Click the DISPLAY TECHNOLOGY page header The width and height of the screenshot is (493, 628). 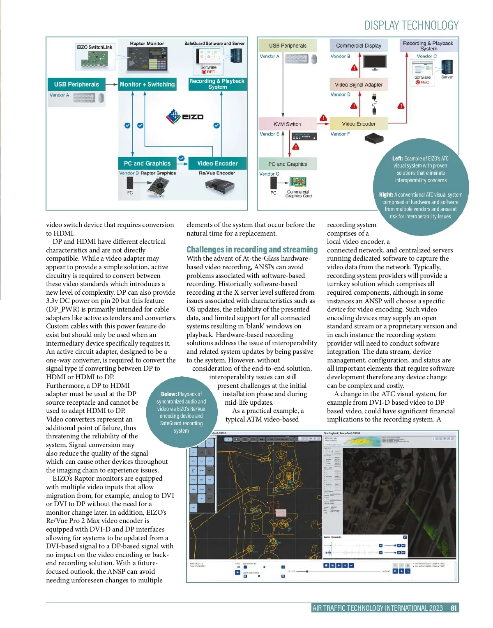(411, 25)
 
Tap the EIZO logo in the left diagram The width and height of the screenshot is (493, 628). (185, 116)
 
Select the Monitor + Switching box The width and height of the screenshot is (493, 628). (147, 84)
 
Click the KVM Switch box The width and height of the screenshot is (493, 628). (287, 124)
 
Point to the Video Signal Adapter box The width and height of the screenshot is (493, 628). (359, 85)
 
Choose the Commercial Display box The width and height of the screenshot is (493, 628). (359, 46)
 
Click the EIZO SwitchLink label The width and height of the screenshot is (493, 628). (94, 47)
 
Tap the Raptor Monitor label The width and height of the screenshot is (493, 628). (147, 43)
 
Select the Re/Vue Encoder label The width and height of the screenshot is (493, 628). (217, 173)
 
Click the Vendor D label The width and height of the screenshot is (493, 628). (340, 94)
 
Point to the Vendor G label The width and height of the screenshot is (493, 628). (269, 174)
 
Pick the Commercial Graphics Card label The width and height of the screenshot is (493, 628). (298, 194)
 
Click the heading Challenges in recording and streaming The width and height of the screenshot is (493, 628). (252, 250)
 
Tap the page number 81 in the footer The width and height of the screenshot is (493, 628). (454, 608)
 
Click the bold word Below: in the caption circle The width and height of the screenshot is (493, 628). (169, 394)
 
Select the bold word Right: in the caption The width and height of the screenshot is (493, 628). (386, 195)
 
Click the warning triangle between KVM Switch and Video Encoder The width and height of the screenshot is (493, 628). (323, 118)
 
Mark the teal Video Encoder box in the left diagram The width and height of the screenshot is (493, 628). (217, 163)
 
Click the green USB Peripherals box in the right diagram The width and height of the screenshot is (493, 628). (288, 46)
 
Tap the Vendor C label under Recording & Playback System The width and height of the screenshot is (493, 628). (426, 56)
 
